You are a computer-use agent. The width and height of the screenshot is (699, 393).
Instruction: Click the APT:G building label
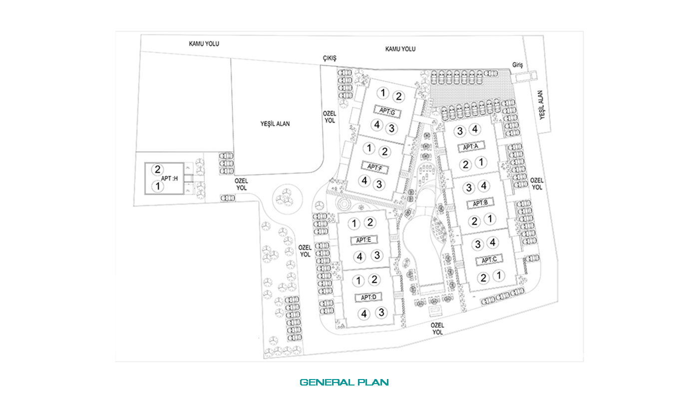click(387, 111)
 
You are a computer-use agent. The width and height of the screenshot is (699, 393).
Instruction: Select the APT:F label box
click(375, 168)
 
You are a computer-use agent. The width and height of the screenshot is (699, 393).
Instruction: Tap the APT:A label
click(470, 147)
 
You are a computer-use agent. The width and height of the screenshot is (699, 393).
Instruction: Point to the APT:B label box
click(480, 203)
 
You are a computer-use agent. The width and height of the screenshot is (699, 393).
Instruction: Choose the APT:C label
click(489, 260)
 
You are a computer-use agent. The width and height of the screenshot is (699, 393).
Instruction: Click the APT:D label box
click(368, 297)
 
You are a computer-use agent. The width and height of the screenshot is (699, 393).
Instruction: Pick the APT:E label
click(363, 240)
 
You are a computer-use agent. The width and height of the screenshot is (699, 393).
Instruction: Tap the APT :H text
click(169, 178)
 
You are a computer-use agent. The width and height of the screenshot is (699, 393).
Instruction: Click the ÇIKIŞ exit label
click(330, 58)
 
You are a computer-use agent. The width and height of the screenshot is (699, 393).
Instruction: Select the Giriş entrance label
click(517, 65)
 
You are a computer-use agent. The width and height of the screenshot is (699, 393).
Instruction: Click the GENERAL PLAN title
click(344, 383)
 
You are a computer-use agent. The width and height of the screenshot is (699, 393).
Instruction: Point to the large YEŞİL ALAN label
click(275, 124)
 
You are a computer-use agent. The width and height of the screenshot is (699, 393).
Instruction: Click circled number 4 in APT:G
click(377, 125)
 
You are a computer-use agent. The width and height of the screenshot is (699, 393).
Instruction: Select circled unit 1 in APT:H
click(158, 187)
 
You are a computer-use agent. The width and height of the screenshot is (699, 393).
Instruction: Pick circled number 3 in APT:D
click(381, 312)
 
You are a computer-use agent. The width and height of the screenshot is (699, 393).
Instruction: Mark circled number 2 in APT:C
click(483, 278)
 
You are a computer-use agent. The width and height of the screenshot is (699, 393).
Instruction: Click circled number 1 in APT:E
click(354, 223)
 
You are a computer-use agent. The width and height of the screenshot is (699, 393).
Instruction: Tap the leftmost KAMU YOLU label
click(204, 43)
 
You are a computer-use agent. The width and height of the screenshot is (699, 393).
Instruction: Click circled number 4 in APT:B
click(484, 186)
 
